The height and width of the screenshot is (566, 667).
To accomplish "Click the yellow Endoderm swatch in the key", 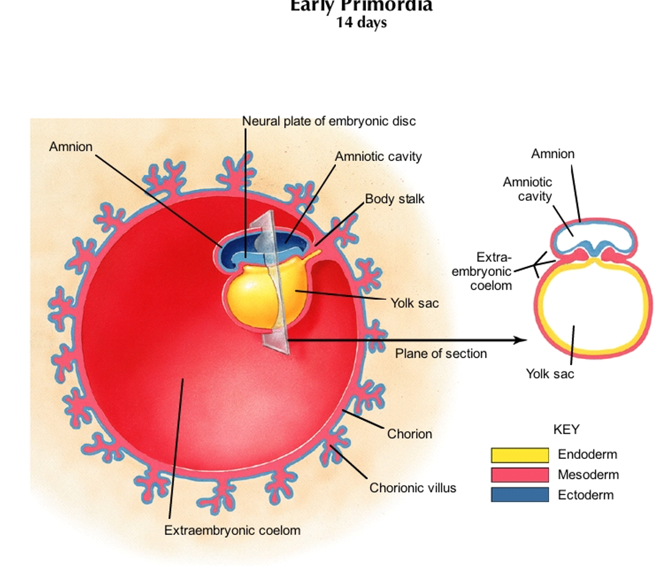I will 520,455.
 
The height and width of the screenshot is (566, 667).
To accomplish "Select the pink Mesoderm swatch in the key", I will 520,475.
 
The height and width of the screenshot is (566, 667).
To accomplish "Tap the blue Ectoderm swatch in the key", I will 520,495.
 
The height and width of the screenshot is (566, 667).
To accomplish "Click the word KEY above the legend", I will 566,429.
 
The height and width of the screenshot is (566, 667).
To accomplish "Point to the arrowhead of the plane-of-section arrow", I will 523,340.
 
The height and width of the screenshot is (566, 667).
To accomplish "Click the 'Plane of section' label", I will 441,353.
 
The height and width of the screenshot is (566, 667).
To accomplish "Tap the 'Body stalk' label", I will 394,199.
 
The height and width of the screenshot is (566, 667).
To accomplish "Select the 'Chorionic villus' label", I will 412,488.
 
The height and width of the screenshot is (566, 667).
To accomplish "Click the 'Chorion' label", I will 409,434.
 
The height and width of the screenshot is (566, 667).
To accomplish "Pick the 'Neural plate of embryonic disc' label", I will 328,121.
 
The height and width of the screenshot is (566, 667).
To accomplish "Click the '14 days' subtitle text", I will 361,23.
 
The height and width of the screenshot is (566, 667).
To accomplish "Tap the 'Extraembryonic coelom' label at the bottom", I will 232,530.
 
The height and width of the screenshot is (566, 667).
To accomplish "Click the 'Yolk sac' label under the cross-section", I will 550,373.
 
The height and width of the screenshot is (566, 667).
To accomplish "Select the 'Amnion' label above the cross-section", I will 552,154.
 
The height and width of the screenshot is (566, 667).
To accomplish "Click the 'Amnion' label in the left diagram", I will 70,146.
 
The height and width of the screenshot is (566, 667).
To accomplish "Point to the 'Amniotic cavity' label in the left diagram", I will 378,157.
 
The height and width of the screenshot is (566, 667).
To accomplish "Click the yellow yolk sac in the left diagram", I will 251,296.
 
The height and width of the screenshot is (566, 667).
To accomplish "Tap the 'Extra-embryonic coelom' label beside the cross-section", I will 482,271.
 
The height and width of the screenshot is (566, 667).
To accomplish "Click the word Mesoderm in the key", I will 588,474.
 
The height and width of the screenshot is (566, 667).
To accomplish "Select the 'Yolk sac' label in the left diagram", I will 414,303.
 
